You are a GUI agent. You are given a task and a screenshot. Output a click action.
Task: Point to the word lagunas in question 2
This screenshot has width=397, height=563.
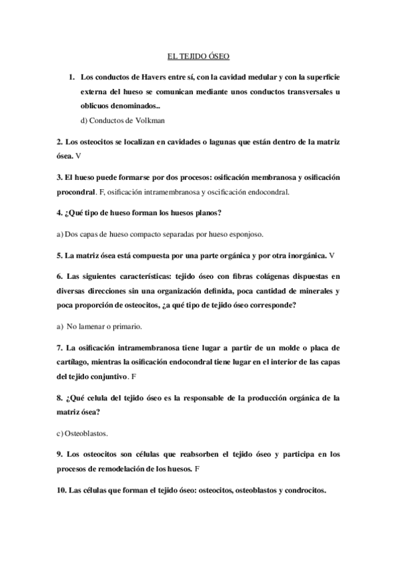(x=206, y=143)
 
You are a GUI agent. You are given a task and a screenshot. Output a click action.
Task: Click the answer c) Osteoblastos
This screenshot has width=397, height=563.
(x=84, y=434)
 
